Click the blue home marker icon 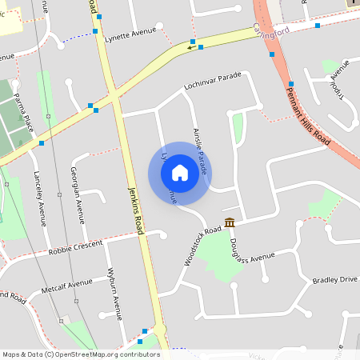click(179, 173)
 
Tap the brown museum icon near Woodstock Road click(230, 222)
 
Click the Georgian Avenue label click(78, 195)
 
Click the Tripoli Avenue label click(342, 80)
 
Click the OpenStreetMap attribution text click(81, 354)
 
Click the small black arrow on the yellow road click(190, 47)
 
